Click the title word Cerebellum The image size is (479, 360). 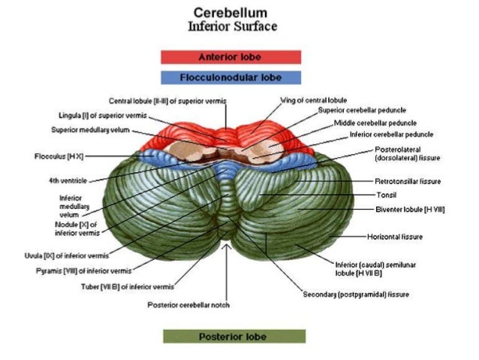(230, 13)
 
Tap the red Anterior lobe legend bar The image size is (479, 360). (230, 56)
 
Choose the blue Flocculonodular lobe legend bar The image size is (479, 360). (230, 77)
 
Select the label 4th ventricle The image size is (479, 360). (63, 180)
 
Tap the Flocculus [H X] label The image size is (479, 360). (62, 158)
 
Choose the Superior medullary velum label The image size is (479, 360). (91, 129)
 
